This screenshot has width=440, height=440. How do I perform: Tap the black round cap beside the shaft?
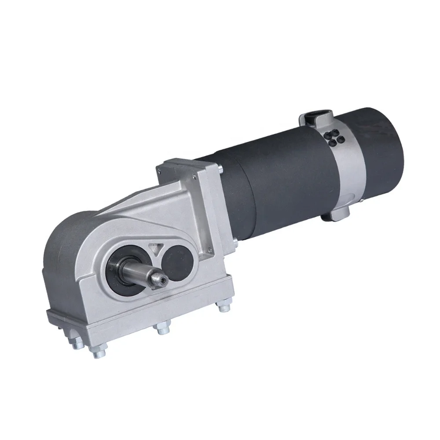click(x=175, y=263)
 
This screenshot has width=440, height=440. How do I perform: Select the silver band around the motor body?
click(x=348, y=172)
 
